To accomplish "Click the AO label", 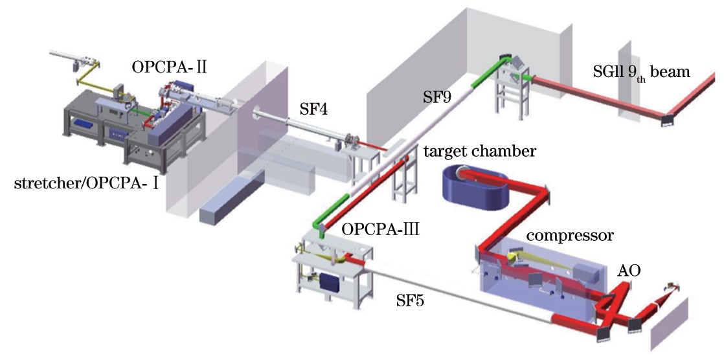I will click(x=629, y=271).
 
